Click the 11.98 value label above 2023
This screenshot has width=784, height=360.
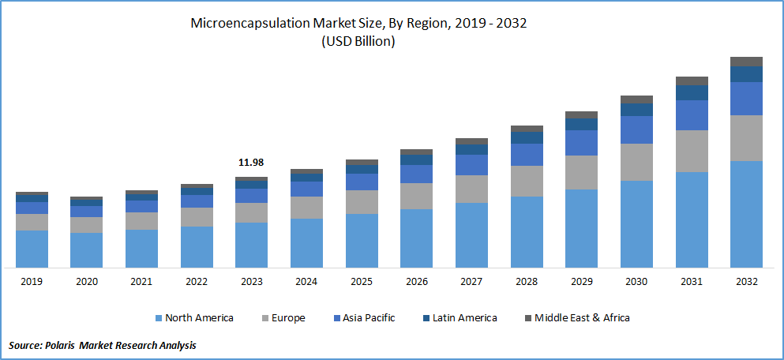(251, 163)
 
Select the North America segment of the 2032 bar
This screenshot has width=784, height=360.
(746, 214)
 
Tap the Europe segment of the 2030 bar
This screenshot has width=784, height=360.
(636, 162)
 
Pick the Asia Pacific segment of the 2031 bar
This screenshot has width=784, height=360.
(692, 115)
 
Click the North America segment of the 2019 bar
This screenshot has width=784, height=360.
(32, 249)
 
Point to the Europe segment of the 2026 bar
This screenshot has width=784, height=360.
(416, 196)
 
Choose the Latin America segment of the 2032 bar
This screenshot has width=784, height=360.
(746, 74)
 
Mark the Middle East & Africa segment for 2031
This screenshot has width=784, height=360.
(692, 81)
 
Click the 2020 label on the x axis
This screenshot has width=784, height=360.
(86, 282)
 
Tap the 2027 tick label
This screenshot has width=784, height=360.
(471, 282)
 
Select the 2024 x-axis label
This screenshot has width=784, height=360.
(306, 282)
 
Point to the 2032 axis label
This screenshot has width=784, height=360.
(746, 282)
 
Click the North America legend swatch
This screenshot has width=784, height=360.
(159, 318)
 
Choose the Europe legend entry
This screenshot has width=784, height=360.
(285, 318)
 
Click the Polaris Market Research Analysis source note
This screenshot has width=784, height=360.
(102, 345)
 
